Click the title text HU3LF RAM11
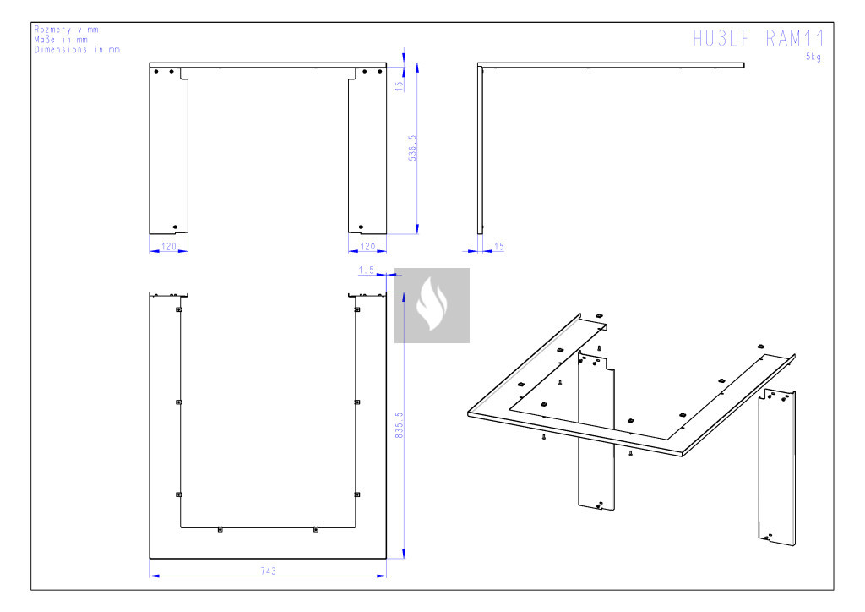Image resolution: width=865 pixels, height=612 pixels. click(759, 39)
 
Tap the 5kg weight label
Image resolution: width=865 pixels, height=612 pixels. click(813, 57)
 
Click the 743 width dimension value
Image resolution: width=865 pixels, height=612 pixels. click(268, 571)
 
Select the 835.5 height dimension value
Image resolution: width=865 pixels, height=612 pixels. click(400, 425)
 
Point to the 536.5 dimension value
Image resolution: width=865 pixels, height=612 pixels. click(412, 148)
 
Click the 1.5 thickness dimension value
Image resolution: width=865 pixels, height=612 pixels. click(367, 270)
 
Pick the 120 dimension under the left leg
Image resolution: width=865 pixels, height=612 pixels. click(168, 246)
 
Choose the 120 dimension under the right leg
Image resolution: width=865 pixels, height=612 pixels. click(367, 246)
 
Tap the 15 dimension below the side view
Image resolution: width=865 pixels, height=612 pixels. click(498, 246)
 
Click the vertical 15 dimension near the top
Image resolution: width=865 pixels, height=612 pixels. click(400, 85)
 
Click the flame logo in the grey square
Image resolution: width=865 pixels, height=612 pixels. click(432, 305)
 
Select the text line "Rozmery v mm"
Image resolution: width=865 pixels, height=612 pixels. click(66, 30)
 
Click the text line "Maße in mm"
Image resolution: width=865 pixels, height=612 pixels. click(61, 39)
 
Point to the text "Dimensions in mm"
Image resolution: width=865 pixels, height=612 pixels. click(77, 49)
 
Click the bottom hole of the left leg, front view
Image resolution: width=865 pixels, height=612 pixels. click(176, 227)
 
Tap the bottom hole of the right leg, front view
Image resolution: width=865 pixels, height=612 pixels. click(362, 227)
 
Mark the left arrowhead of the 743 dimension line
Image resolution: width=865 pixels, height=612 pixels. click(155, 576)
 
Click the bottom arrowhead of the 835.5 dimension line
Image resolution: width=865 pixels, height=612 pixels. click(404, 553)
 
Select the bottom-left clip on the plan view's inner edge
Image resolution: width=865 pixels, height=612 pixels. click(178, 495)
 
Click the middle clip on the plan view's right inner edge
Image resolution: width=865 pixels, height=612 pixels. click(357, 402)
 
